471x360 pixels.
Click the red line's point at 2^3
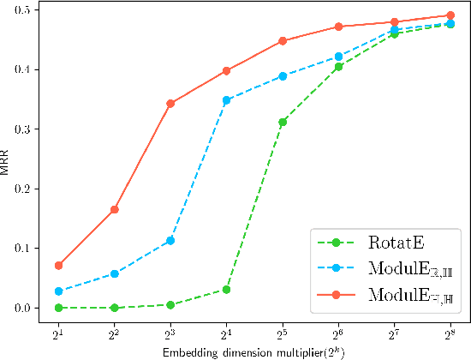170,104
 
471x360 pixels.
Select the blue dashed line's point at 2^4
226,100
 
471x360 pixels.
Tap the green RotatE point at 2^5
283,122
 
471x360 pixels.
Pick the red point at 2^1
58,266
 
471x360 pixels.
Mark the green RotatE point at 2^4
226,290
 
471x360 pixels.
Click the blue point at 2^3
170,241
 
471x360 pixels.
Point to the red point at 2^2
114,209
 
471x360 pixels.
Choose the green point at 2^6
338,67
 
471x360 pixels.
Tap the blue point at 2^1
58,291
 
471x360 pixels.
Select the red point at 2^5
283,41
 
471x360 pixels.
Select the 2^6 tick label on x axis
338,329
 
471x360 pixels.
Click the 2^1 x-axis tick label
58,329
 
